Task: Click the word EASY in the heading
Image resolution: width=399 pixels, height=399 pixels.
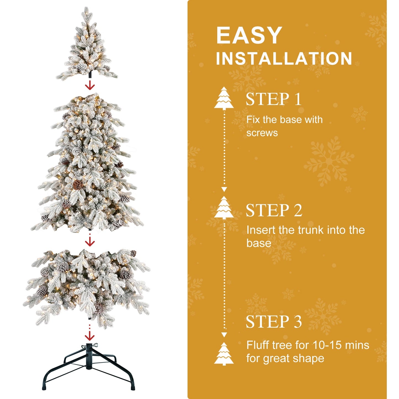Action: pos(249,35)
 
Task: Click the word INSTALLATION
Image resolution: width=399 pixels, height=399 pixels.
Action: pos(284,59)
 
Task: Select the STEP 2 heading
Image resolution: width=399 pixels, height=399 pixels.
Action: pos(274,210)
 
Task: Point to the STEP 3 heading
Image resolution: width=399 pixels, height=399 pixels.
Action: pos(274,322)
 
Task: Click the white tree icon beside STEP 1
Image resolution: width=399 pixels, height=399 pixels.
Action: pos(224,98)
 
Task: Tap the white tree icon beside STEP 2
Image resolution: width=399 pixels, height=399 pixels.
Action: pos(224,208)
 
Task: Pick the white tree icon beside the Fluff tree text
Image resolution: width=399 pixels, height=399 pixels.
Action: pos(224,353)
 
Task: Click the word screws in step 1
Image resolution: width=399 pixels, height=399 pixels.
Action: pos(262,133)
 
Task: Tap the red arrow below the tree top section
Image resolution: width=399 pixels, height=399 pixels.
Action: pos(90,86)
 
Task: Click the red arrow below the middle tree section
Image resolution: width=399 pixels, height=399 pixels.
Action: pos(90,242)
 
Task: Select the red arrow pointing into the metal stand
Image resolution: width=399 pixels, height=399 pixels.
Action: pos(89,336)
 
